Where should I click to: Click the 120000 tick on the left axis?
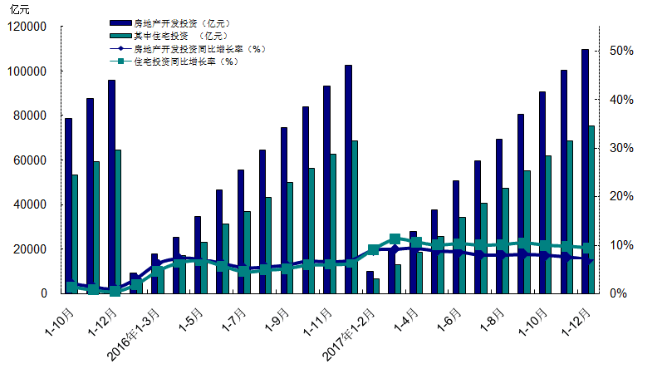29,27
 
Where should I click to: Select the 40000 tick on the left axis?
32,204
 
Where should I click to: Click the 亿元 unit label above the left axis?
18,9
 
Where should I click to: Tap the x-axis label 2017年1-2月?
351,332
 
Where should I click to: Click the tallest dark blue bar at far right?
585,171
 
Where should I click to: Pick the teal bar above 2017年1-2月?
376,285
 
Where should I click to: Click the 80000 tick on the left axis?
32,116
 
